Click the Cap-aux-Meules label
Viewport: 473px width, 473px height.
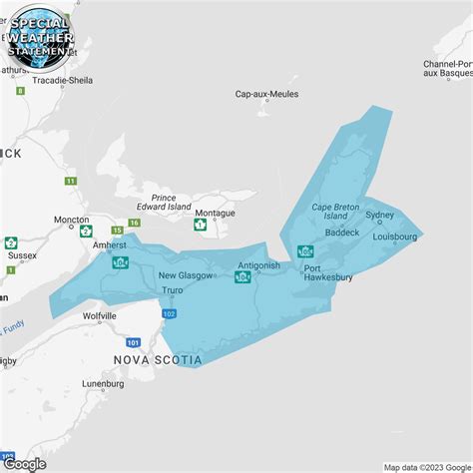(x=266, y=94)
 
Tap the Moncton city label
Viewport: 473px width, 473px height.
(x=71, y=220)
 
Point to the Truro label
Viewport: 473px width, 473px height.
(x=174, y=291)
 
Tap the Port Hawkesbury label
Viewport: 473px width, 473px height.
(x=327, y=272)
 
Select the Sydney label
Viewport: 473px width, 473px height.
(x=380, y=215)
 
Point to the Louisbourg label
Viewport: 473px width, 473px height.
(x=394, y=237)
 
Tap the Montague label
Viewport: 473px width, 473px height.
(x=215, y=214)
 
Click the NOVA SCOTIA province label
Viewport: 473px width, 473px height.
(x=158, y=359)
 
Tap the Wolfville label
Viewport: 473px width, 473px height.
(x=100, y=316)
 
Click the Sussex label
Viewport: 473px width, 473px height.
(x=22, y=255)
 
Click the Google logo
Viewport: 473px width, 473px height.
(x=25, y=463)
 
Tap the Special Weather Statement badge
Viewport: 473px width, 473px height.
(x=38, y=38)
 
